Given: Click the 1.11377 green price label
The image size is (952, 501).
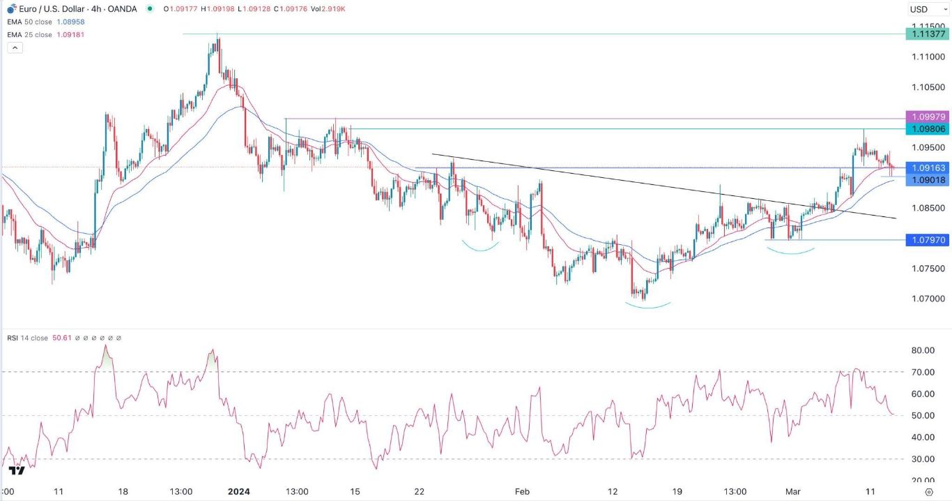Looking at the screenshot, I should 926,33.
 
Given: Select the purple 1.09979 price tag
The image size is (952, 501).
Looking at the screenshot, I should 926,117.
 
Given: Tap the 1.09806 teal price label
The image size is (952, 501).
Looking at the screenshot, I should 926,129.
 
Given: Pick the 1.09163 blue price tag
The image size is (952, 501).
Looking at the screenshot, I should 926,168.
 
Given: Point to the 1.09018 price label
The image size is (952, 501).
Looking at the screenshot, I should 926,180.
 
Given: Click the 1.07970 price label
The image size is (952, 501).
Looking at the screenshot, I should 926,240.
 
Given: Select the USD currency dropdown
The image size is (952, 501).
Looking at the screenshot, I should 924,9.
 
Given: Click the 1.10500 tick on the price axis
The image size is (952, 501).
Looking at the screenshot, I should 924,87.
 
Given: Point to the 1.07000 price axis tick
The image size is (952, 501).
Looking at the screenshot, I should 924,299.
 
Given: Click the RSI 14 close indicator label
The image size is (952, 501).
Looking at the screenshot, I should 28,338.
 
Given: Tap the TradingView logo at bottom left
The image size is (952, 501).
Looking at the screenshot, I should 17,470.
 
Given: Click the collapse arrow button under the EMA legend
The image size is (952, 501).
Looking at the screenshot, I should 15,47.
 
